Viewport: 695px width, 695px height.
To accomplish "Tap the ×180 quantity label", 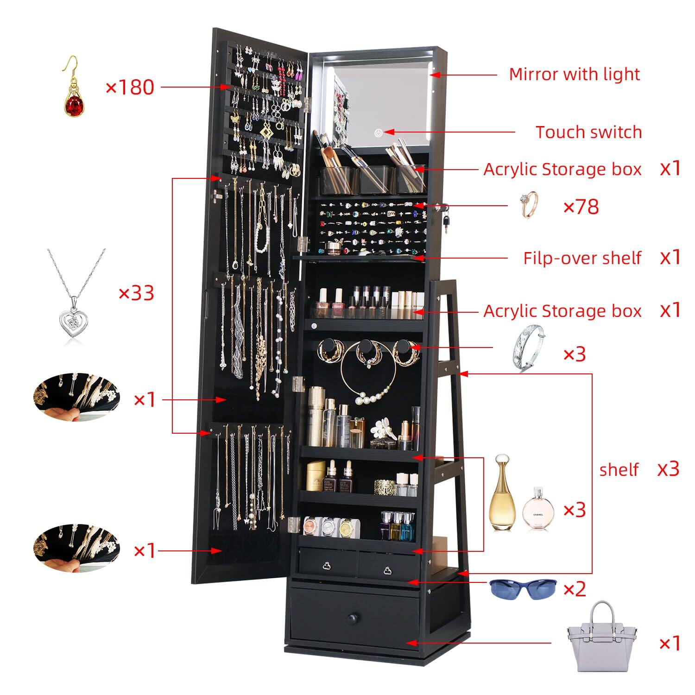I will [x=130, y=87].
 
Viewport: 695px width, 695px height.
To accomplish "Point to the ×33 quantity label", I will [x=136, y=293].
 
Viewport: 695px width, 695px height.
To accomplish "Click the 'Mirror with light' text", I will [x=574, y=74].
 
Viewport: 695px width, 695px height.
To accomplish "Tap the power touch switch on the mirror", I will [x=379, y=133].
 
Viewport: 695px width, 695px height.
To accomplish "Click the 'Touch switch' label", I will [x=588, y=132].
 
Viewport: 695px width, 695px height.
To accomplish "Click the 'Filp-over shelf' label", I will [x=582, y=258].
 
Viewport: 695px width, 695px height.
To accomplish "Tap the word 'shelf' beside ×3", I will [x=619, y=470].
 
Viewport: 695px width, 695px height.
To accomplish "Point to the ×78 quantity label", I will [x=581, y=207].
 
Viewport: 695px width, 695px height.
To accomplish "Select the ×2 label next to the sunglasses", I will [x=575, y=589].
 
